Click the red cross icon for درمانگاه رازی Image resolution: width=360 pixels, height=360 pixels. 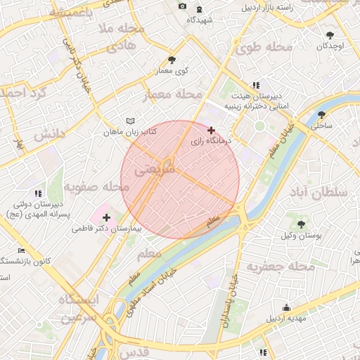(x=211, y=130)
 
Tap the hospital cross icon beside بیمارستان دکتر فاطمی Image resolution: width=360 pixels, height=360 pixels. (x=106, y=217)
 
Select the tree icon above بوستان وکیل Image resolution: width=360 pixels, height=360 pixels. (x=301, y=224)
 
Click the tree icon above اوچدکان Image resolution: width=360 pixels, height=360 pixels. (x=330, y=34)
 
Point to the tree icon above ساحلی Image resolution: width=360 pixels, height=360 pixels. (x=321, y=115)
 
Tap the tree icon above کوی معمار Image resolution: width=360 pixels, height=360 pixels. (x=172, y=60)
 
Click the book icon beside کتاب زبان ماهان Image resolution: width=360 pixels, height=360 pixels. (x=129, y=121)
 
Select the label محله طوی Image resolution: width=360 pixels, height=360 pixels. (x=264, y=47)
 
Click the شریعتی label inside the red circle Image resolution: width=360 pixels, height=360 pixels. (x=150, y=169)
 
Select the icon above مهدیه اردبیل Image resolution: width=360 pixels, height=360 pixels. (x=286, y=307)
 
